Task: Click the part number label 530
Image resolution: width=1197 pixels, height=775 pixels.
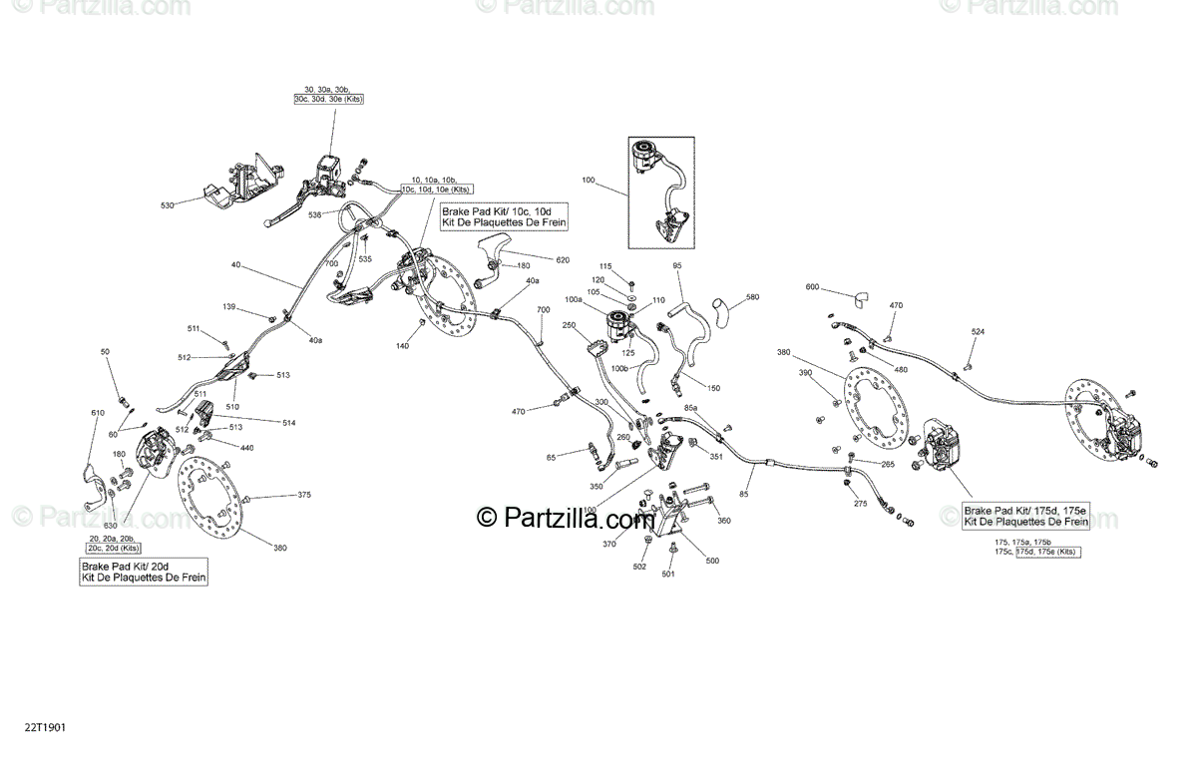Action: click(167, 205)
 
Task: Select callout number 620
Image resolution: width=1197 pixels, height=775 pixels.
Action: click(563, 260)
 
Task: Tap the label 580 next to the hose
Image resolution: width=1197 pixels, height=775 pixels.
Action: click(752, 296)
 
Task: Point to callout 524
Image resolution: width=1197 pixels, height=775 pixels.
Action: click(978, 331)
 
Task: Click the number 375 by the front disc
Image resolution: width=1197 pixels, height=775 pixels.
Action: click(304, 495)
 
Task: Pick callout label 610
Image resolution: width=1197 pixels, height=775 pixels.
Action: click(97, 412)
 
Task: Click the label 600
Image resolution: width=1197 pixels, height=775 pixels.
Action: click(812, 287)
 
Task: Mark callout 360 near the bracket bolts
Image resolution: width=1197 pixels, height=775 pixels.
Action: click(724, 521)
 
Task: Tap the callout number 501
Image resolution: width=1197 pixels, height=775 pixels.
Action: click(668, 575)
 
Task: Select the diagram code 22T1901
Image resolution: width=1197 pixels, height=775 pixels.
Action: click(46, 730)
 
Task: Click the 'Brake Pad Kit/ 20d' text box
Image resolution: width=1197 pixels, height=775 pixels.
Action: click(145, 572)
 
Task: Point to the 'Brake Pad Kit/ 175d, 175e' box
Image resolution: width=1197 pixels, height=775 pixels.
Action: click(1024, 515)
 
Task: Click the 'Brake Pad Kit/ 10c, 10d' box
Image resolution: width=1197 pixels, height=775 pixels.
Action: click(505, 216)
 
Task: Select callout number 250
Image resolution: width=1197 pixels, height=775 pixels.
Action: click(570, 325)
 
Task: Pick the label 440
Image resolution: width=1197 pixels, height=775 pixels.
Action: click(246, 448)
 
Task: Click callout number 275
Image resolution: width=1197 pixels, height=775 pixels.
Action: click(861, 503)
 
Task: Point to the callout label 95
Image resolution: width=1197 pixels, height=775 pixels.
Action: click(677, 265)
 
